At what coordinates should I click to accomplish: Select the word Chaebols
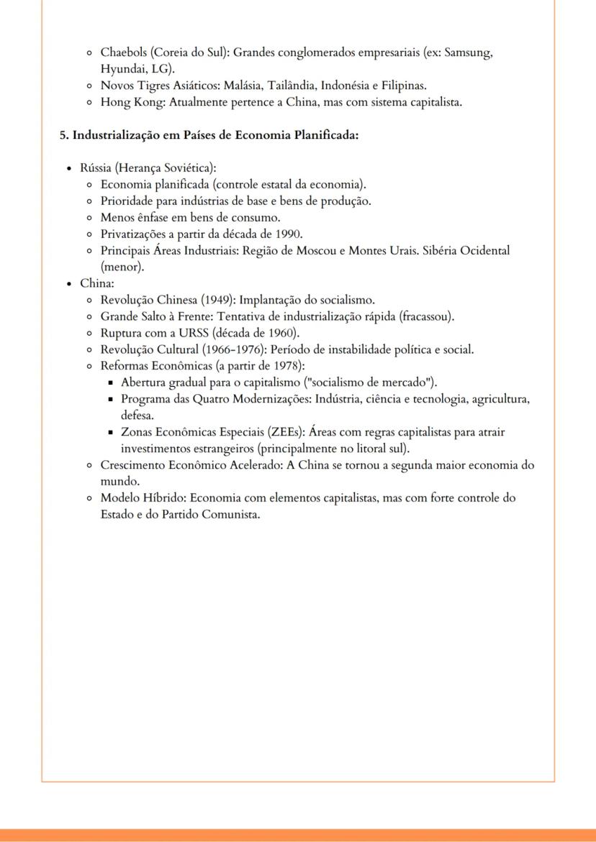[x=124, y=52]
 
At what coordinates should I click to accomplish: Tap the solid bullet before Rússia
[x=69, y=168]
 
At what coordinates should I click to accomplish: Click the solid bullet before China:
[x=69, y=284]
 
